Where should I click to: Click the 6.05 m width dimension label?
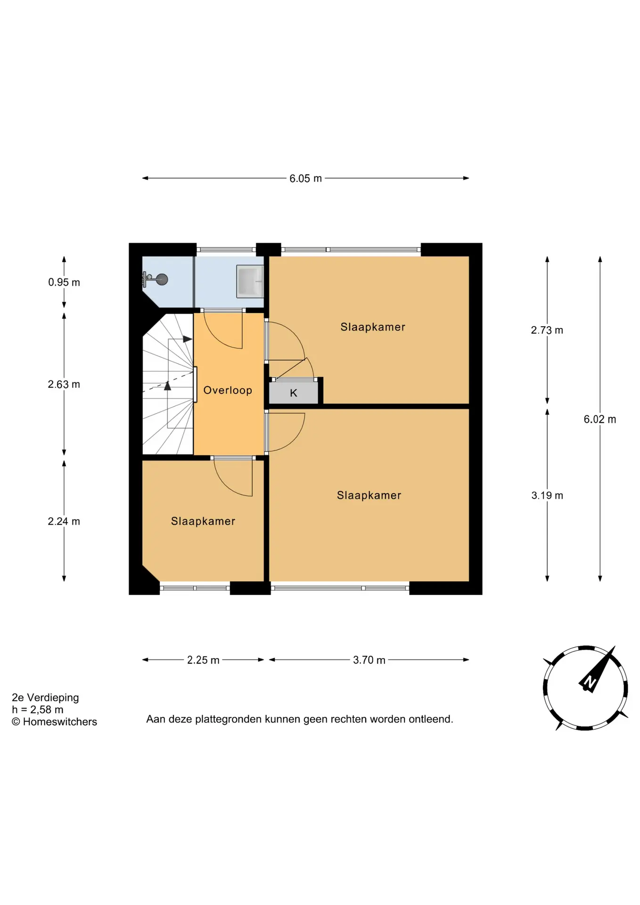click(305, 179)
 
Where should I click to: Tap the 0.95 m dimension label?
click(64, 282)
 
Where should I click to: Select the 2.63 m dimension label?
click(64, 384)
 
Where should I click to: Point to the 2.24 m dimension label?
click(64, 521)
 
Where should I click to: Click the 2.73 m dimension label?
click(547, 330)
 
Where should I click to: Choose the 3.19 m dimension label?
click(547, 495)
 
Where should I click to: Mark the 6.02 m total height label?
click(599, 419)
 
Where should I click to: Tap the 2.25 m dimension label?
click(203, 660)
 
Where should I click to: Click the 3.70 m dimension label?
click(369, 660)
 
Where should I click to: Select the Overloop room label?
click(228, 390)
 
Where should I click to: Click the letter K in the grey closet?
click(294, 393)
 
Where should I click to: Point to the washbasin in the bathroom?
click(250, 281)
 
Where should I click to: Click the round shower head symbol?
click(162, 280)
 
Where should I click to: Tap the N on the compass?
click(589, 682)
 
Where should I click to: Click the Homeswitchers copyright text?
click(54, 722)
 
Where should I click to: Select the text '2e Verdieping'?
click(45, 698)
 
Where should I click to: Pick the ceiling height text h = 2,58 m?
click(38, 709)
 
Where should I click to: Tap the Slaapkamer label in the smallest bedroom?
click(203, 521)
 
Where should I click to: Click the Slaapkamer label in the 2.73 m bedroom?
click(373, 327)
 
